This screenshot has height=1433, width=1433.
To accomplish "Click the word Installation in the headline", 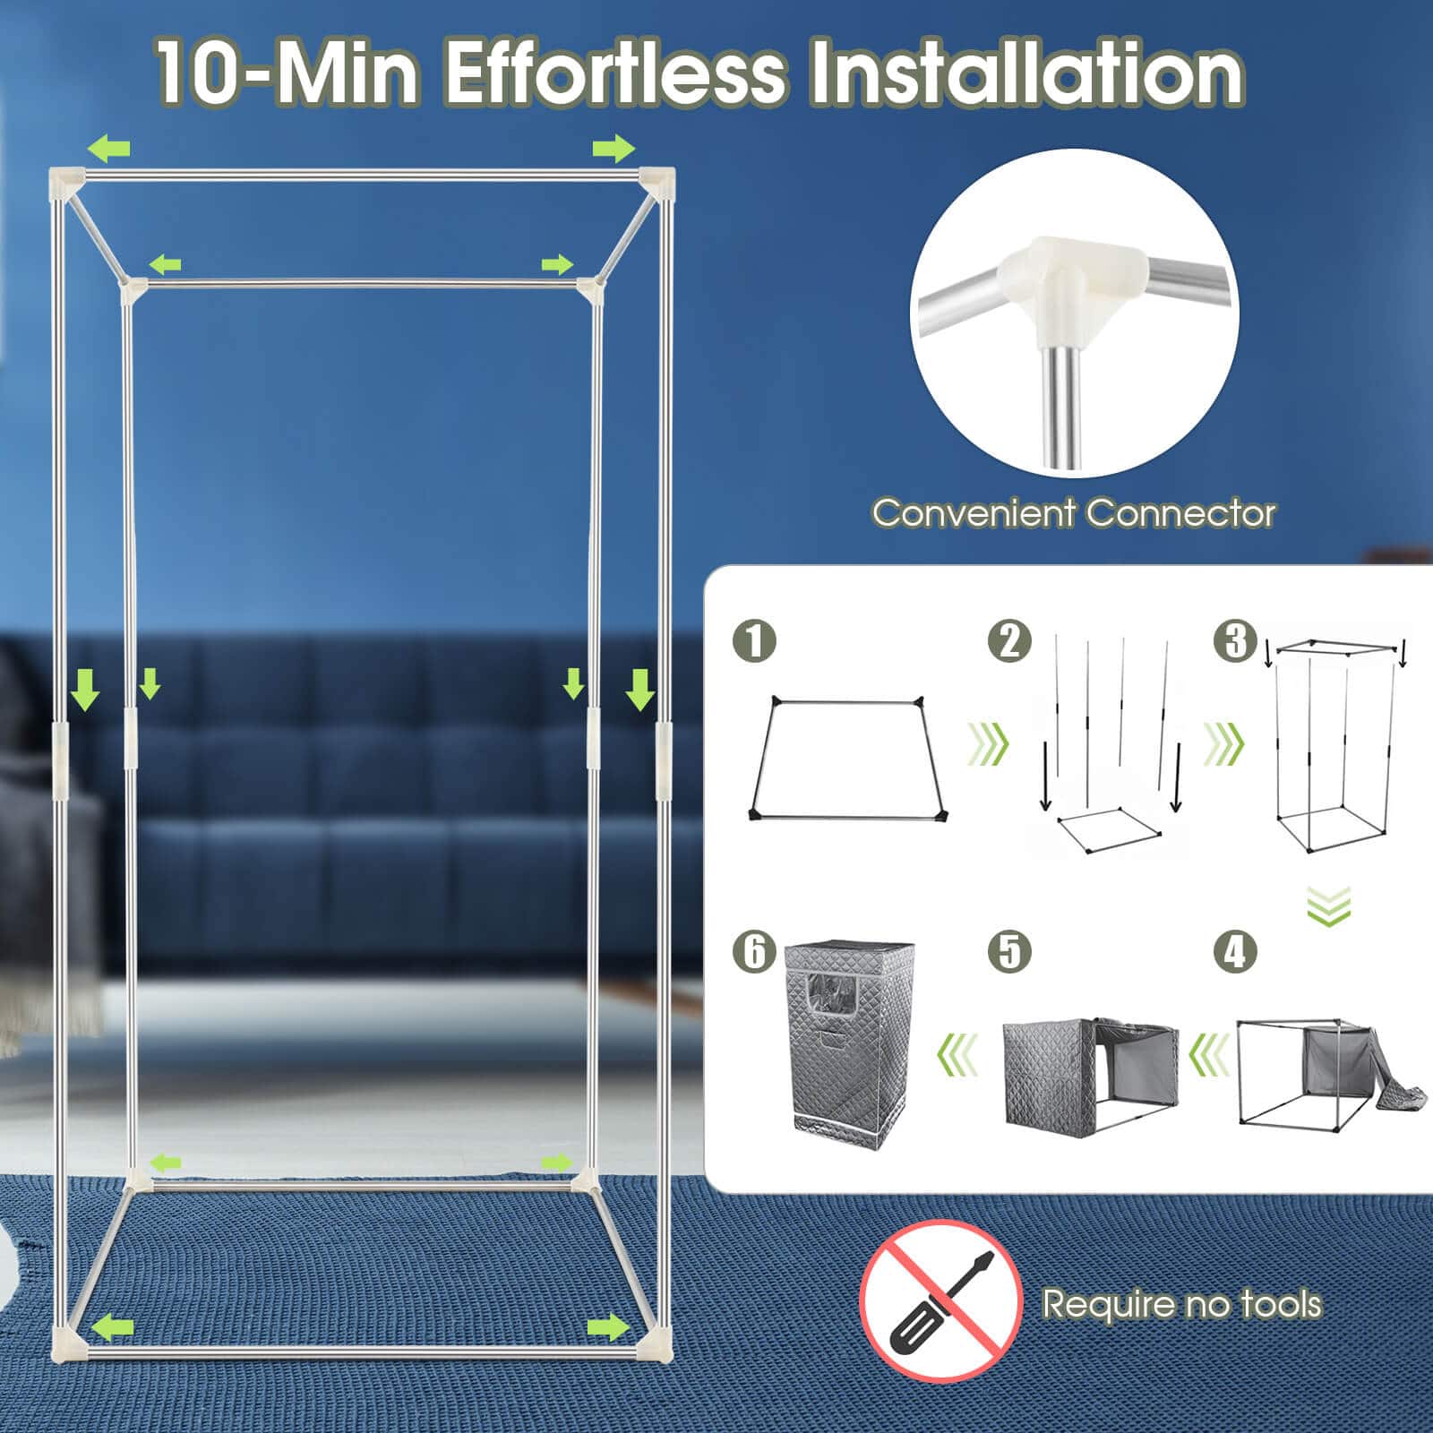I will [1026, 73].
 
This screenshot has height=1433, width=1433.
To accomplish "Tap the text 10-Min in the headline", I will [287, 73].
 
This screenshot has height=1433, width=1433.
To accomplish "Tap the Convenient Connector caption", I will [1073, 513].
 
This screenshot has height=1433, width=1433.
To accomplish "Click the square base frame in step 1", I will [847, 759].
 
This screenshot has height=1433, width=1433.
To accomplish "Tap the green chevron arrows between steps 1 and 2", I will [989, 743].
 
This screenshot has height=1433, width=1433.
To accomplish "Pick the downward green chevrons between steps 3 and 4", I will [1329, 905].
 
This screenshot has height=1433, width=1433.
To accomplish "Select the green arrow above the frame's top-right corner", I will [614, 149].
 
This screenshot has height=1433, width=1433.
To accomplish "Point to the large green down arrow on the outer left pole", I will [86, 691].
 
